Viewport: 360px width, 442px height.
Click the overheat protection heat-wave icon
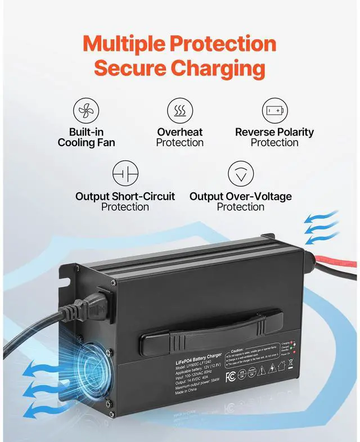click(x=180, y=110)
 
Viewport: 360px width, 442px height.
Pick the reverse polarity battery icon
click(x=275, y=110)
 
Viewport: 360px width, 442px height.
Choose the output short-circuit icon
click(x=125, y=174)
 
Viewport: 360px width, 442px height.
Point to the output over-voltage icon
click(x=241, y=174)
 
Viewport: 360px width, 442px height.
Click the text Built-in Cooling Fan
click(x=86, y=137)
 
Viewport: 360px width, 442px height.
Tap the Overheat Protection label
click(x=180, y=137)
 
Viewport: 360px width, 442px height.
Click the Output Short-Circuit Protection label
click(x=125, y=201)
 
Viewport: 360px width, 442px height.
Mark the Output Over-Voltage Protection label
click(x=241, y=201)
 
